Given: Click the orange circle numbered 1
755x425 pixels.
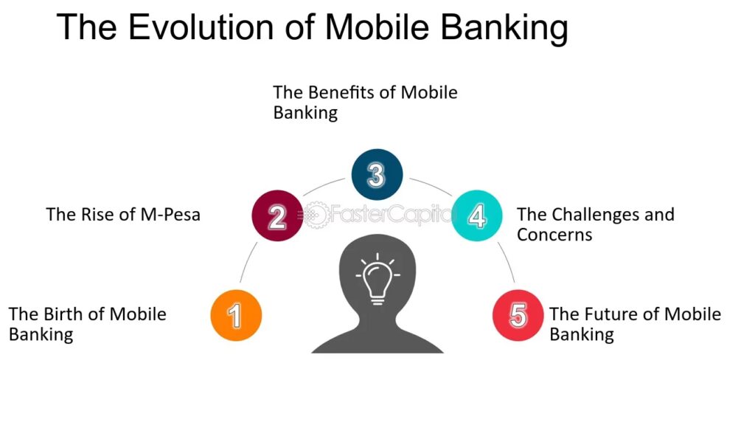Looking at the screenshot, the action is [236, 315].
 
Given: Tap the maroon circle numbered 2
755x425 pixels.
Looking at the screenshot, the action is [277, 215].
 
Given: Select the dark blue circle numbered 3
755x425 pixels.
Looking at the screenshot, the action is [377, 174].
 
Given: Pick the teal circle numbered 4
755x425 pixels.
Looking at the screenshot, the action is [477, 215].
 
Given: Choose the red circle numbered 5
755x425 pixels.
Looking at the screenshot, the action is [518, 315].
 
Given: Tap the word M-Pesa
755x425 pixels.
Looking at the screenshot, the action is [170, 215].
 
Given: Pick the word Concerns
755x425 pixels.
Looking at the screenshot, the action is [554, 235].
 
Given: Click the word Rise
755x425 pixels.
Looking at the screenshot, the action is [100, 215].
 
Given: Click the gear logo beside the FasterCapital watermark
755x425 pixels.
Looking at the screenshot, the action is [315, 215].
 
